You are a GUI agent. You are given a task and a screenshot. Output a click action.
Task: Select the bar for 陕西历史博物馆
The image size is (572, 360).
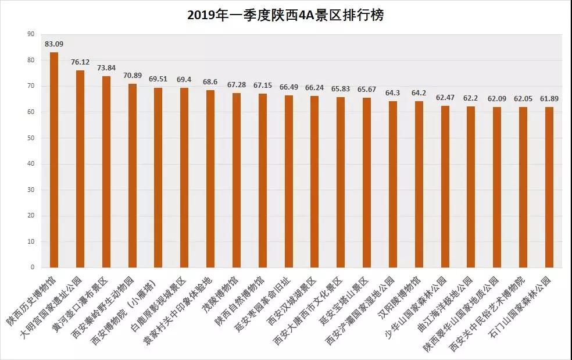[x=54, y=160]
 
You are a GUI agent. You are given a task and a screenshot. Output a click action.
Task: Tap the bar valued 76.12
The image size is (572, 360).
[x=80, y=169]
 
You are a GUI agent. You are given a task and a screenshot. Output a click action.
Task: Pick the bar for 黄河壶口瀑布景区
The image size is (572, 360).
[x=106, y=172]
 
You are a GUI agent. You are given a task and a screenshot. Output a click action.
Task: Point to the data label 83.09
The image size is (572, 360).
[x=54, y=44]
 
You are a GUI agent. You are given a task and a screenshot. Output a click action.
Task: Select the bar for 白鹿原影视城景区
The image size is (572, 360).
[x=184, y=177]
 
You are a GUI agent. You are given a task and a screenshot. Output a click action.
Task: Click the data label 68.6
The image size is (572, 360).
[x=210, y=81]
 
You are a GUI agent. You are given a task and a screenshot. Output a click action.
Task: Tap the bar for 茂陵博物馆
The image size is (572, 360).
[x=237, y=180]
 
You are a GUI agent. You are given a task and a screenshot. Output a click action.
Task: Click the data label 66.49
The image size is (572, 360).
[x=289, y=87]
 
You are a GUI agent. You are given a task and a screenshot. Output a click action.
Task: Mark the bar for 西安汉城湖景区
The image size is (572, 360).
[x=314, y=181]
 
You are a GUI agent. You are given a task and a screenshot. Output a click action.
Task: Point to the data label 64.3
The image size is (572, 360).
[x=393, y=92]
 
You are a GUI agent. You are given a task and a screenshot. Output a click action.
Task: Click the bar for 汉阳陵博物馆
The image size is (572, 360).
[x=419, y=184]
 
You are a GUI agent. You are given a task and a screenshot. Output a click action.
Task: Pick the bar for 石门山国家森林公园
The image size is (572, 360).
[x=549, y=187]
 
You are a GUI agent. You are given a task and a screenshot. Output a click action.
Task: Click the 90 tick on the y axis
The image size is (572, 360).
[x=30, y=34]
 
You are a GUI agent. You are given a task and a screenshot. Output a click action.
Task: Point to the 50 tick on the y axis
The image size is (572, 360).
[x=30, y=138]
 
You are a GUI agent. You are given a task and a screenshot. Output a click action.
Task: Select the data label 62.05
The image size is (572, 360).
[x=523, y=98]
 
